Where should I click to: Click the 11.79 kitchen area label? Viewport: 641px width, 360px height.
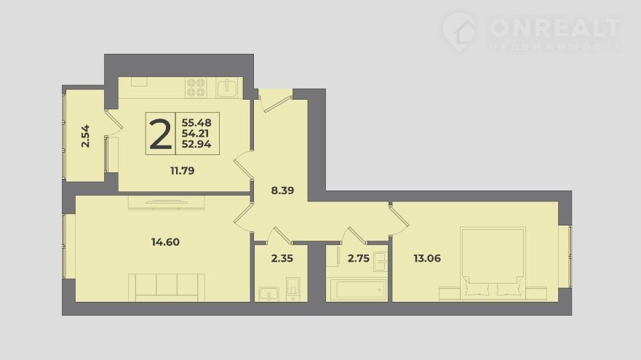(183, 171)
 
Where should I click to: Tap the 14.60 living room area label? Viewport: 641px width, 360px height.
(165, 242)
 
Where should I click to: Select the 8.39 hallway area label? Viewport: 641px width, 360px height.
(282, 191)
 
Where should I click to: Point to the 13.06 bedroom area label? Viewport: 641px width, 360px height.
(427, 258)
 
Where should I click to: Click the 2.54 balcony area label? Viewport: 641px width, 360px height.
(85, 136)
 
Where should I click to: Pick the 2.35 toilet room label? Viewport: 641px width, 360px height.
(282, 258)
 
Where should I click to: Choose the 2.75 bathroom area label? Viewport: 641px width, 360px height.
(359, 258)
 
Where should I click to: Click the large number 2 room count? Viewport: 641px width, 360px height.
(161, 134)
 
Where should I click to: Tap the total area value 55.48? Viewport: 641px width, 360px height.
(196, 123)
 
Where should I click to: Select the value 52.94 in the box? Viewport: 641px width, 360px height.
(196, 144)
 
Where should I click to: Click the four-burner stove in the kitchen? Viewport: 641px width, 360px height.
(196, 88)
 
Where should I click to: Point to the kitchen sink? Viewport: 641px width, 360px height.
(227, 88)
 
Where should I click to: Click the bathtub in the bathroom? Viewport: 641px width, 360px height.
(357, 289)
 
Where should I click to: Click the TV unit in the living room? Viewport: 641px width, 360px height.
(167, 203)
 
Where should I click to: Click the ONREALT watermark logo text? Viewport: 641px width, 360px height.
(554, 28)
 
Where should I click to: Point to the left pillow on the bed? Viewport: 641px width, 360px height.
(477, 289)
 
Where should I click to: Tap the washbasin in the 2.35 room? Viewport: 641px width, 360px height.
(268, 294)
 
